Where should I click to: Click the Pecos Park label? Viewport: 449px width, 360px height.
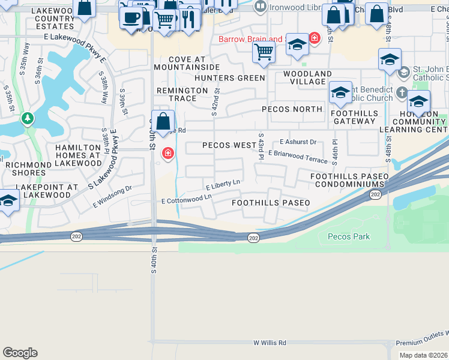click(x=349, y=236)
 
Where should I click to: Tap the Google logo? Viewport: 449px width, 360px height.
click(x=20, y=353)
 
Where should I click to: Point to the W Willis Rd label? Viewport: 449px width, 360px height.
click(x=270, y=343)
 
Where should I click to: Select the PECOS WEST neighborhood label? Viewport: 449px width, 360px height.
click(x=229, y=145)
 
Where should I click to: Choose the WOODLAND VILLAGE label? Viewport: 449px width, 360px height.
click(x=307, y=77)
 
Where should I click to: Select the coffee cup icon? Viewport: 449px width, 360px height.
click(x=131, y=16)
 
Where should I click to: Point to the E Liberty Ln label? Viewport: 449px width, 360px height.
click(x=223, y=184)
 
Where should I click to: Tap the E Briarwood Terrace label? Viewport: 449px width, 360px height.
click(x=298, y=157)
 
